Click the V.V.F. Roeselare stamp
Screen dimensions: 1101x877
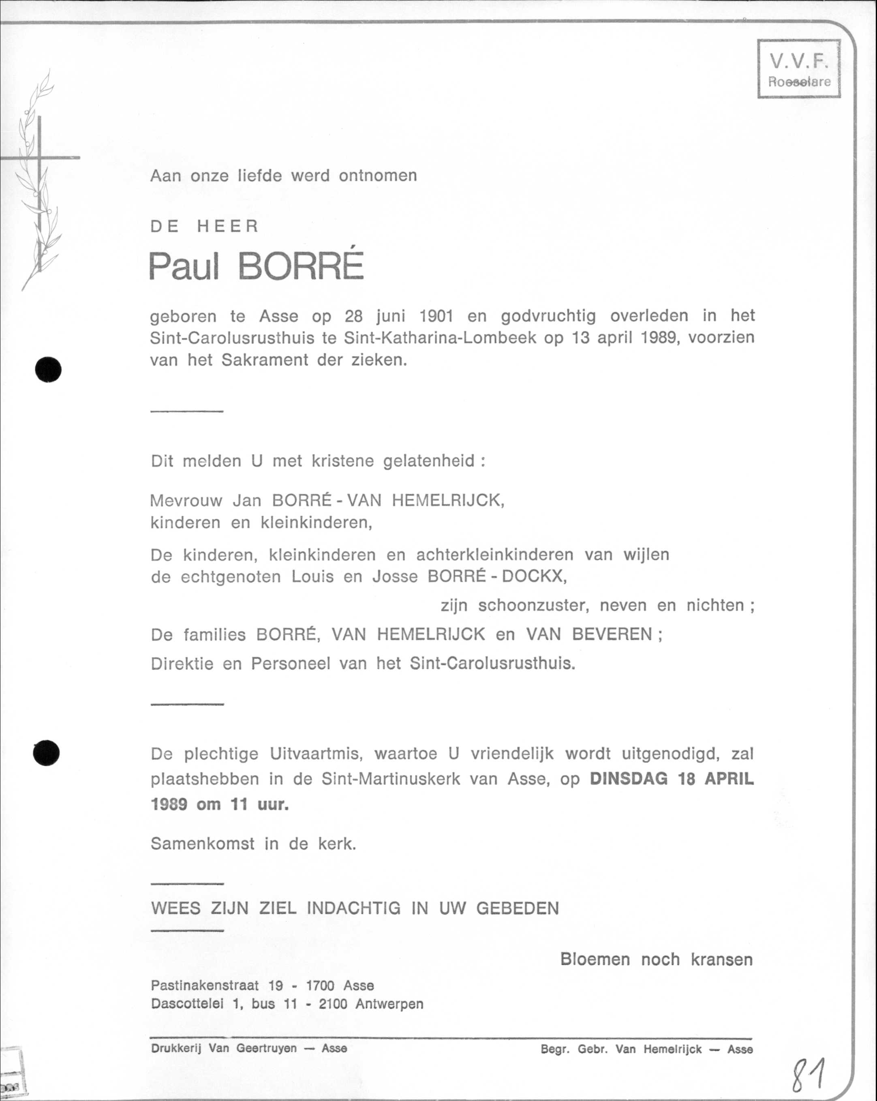[x=799, y=69]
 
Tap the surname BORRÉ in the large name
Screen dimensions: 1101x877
[x=301, y=267]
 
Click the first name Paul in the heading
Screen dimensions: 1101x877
[x=184, y=267]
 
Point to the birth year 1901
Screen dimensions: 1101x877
[x=436, y=316]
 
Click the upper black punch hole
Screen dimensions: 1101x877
[x=49, y=369]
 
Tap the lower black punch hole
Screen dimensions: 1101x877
[x=47, y=753]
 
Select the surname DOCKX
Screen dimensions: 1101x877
[x=534, y=576]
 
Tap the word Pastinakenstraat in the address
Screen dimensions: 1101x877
[x=205, y=985]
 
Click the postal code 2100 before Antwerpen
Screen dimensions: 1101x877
[x=333, y=1004]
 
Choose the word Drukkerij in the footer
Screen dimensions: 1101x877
[x=176, y=1048]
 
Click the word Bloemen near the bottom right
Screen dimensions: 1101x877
[x=595, y=959]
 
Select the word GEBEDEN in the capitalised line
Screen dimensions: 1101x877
[x=518, y=908]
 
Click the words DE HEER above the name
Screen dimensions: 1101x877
[x=205, y=226]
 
